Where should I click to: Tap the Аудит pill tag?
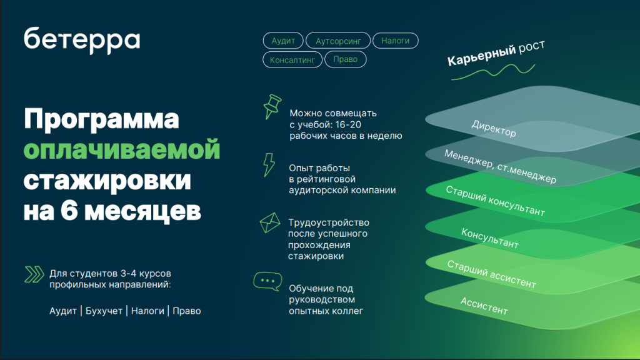[283, 41]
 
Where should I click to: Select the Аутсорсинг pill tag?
[338, 41]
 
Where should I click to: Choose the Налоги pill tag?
[395, 41]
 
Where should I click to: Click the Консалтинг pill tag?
[292, 59]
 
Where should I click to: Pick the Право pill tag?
[346, 59]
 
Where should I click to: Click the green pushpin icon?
[271, 106]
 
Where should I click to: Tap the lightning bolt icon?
[269, 164]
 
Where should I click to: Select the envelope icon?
[270, 222]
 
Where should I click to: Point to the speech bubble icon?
[267, 281]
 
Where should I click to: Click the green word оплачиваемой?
[122, 151]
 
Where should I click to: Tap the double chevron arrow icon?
[33, 274]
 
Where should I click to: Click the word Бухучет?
[104, 311]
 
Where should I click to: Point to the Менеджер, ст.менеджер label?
[500, 166]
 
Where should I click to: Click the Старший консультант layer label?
[495, 201]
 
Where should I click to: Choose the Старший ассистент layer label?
[492, 274]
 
